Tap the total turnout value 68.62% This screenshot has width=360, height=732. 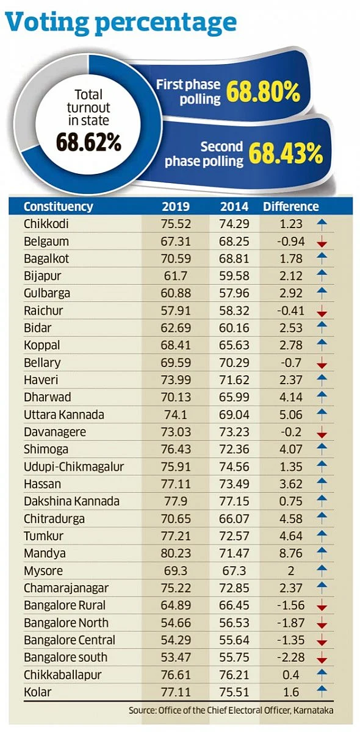(x=88, y=142)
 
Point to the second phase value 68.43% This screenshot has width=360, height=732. (x=286, y=154)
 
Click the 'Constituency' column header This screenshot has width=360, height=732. (x=58, y=207)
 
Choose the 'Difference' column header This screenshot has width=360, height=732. (x=290, y=207)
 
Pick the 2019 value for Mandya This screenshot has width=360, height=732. (x=176, y=553)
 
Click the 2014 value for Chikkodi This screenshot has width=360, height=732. (x=234, y=224)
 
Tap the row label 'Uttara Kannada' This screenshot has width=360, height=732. (x=63, y=414)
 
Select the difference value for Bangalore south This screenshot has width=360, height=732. (x=290, y=657)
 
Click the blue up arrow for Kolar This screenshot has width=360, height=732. (x=322, y=692)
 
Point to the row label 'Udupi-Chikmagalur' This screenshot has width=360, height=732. (x=74, y=467)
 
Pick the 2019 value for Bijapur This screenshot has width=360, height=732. (x=176, y=276)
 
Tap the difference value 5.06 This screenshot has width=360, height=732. (x=290, y=414)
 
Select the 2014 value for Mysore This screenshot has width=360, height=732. (x=234, y=570)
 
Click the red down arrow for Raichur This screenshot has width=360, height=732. (x=322, y=311)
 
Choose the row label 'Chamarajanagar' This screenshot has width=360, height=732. (x=66, y=588)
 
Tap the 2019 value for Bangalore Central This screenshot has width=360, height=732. (x=176, y=640)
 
